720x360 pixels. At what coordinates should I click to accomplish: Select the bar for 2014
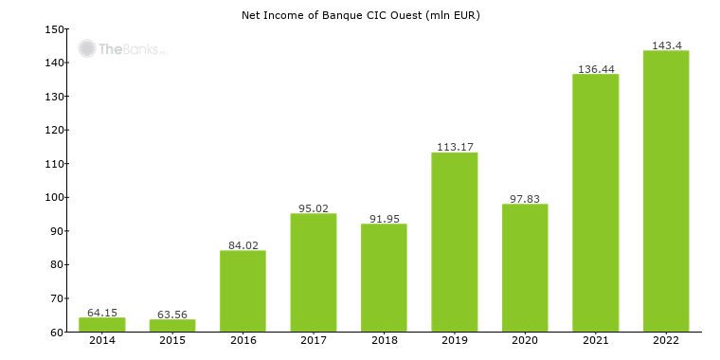101,325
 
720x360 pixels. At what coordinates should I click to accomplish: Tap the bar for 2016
243,291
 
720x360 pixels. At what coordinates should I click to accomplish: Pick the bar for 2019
454,242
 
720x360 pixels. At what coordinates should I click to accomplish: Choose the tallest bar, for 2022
665,190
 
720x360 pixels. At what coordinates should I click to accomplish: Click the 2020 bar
524,267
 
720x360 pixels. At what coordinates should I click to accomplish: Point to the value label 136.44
595,69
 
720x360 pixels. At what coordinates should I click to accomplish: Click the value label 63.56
171,314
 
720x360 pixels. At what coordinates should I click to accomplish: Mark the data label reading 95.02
313,208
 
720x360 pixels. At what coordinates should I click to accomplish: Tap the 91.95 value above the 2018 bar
383,219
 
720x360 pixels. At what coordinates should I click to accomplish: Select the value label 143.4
665,45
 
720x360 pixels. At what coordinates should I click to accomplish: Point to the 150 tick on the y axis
54,29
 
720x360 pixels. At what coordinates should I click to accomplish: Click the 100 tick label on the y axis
54,197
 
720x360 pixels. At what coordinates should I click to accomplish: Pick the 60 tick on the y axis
57,332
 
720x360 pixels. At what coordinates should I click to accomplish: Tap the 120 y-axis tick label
54,130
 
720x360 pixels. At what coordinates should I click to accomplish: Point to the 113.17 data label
454,147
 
